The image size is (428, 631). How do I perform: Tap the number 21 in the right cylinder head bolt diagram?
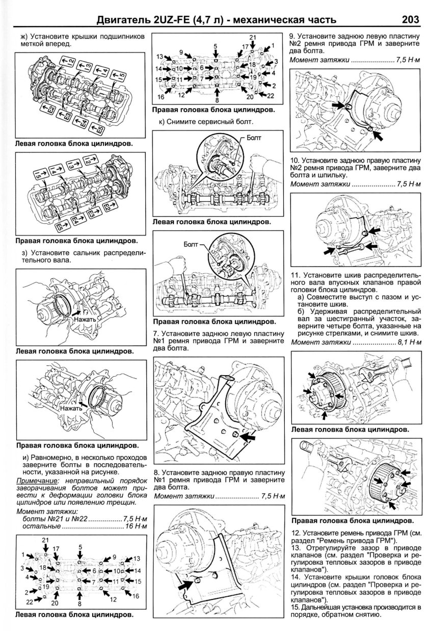(252, 38)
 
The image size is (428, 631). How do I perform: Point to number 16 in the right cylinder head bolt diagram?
(161, 96)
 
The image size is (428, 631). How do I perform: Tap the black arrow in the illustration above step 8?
(248, 437)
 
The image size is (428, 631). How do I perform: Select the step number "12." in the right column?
(295, 533)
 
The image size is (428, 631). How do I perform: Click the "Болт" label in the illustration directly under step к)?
(254, 138)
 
